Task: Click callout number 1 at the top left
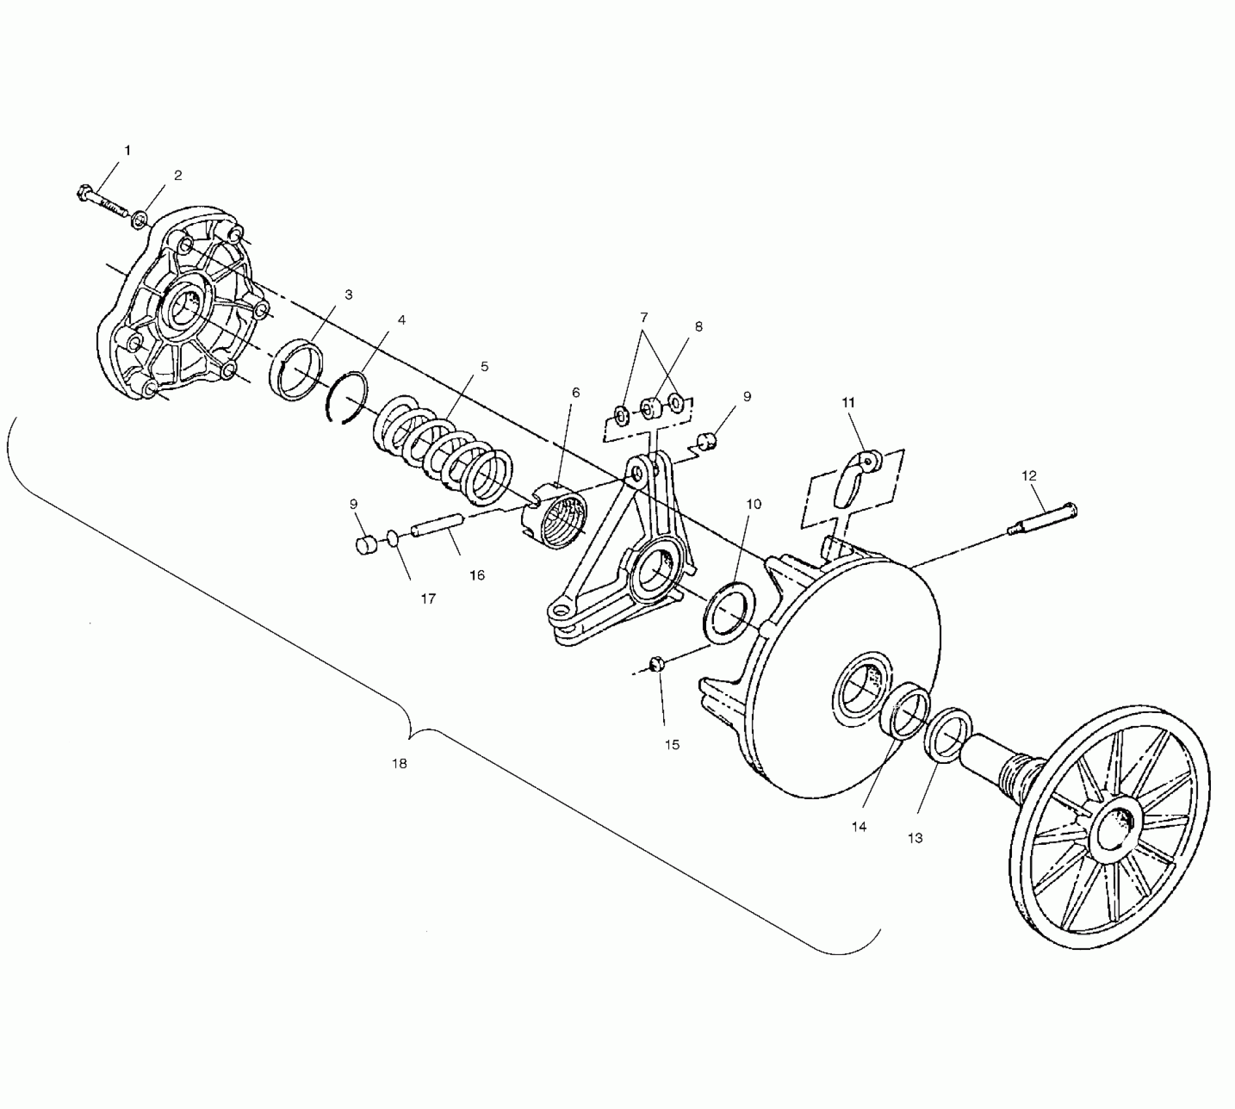click(x=127, y=151)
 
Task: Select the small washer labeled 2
click(x=139, y=220)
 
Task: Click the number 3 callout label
click(x=349, y=295)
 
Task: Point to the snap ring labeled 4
click(x=346, y=398)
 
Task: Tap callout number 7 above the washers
click(x=644, y=318)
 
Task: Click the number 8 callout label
click(x=698, y=327)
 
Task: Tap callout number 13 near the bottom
click(x=915, y=838)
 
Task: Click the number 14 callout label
click(x=859, y=827)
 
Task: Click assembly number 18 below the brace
click(x=399, y=763)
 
